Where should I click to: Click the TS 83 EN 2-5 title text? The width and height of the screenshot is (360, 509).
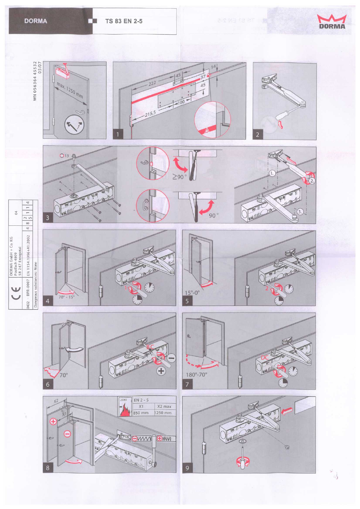[124, 21]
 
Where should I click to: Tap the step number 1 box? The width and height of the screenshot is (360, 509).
[118, 134]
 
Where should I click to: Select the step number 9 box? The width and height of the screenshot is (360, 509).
[187, 468]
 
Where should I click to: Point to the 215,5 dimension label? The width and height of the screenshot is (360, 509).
[150, 113]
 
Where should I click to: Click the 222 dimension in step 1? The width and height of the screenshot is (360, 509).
[152, 83]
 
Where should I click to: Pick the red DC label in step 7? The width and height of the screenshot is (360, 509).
[265, 357]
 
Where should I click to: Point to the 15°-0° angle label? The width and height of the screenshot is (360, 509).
[192, 293]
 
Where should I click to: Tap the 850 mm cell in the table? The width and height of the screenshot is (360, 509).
[141, 413]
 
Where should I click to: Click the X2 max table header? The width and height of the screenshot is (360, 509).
[164, 406]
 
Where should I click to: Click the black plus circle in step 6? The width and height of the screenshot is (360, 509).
[161, 371]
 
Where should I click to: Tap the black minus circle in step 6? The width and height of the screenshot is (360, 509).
[171, 358]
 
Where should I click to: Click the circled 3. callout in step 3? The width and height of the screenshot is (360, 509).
[299, 212]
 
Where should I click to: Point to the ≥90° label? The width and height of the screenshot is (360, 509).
[179, 176]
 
